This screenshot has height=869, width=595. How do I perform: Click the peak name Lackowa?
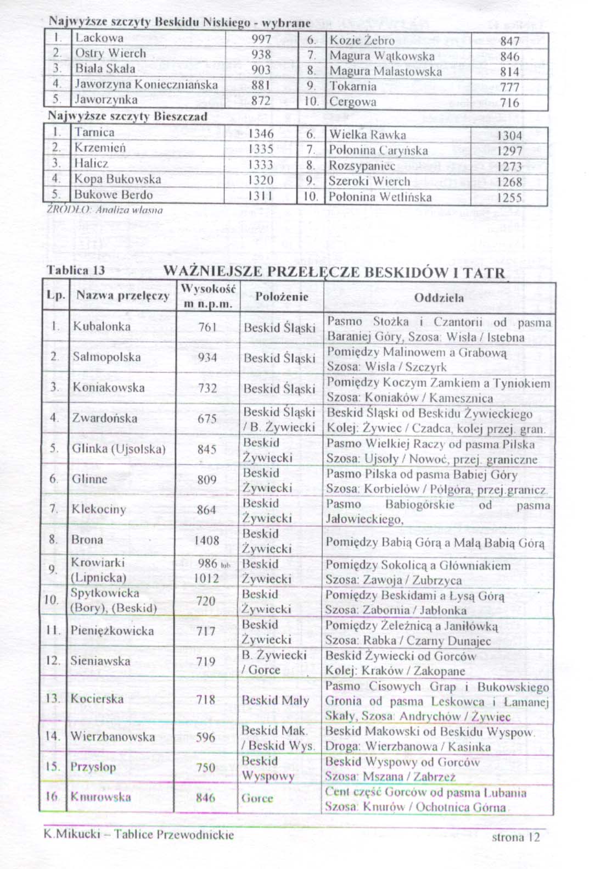tap(99, 38)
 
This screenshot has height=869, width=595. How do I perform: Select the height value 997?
tap(261, 40)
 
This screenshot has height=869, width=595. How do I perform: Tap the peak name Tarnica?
tap(94, 132)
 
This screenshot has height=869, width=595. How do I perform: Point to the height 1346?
tap(261, 133)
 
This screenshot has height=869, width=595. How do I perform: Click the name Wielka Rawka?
tap(367, 135)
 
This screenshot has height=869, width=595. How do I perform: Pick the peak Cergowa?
tap(353, 102)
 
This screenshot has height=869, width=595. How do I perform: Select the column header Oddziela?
tap(439, 298)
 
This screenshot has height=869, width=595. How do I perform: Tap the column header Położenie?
tap(282, 297)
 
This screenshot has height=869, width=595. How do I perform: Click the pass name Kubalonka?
tap(102, 326)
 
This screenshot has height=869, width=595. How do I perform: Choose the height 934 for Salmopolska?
tap(207, 358)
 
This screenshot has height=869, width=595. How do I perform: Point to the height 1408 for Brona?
tap(206, 541)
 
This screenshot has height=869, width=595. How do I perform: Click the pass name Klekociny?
tap(99, 509)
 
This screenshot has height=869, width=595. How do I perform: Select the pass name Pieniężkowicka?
tap(112, 631)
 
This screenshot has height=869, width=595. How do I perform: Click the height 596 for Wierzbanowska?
tap(205, 737)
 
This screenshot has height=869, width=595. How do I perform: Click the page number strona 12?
tap(515, 837)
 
